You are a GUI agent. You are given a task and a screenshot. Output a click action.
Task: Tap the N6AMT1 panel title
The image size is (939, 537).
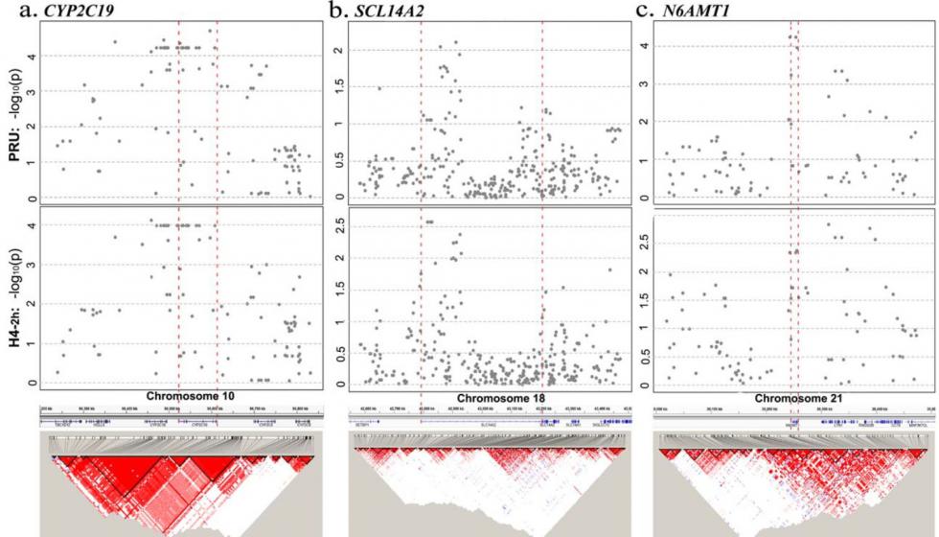(704, 12)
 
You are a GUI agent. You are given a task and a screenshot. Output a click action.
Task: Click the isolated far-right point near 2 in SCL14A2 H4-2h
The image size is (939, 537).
(608, 269)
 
